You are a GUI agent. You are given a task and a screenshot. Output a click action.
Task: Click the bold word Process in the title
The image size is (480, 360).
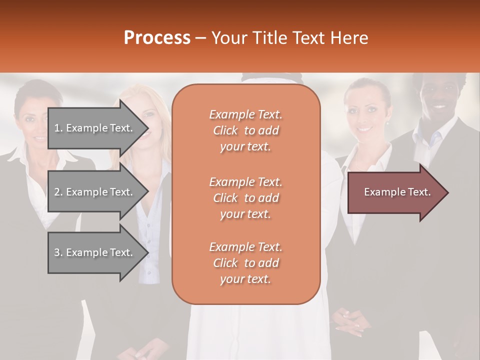(157, 38)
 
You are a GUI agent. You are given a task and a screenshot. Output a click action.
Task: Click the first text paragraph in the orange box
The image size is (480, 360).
(245, 130)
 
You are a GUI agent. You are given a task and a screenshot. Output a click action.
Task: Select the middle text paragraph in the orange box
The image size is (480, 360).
(245, 198)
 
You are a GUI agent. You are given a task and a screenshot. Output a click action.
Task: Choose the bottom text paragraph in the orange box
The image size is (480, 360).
(245, 263)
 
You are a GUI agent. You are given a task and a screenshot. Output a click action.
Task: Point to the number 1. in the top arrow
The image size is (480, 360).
(58, 128)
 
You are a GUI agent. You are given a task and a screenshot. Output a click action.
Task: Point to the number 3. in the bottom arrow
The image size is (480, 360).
(58, 253)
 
